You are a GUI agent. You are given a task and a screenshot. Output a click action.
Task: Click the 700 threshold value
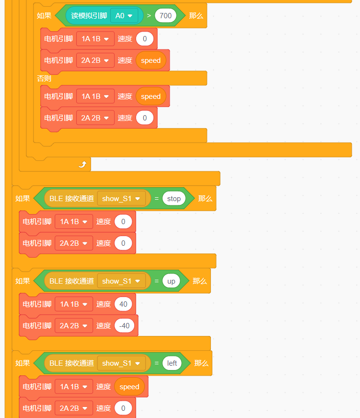tap(165, 16)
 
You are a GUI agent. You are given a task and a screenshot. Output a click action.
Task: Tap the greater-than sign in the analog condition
tap(149, 16)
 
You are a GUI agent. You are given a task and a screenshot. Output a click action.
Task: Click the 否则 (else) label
tap(44, 78)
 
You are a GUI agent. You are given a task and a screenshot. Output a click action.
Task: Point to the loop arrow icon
tap(82, 164)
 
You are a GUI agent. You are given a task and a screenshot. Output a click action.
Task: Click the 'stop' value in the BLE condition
tap(174, 199)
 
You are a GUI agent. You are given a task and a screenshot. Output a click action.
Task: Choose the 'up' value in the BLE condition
tap(171, 281)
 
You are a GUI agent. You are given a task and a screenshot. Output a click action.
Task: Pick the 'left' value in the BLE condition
tap(172, 363)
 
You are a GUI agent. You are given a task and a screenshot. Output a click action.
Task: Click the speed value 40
tap(123, 304)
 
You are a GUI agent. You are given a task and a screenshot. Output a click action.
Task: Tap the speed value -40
tap(124, 325)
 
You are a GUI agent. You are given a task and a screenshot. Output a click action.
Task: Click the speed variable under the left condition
tap(129, 387)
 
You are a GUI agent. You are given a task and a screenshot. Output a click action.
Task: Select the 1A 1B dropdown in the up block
tap(73, 304)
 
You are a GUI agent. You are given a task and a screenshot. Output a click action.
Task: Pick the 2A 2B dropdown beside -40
tap(73, 325)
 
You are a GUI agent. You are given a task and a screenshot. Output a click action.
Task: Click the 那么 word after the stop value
tap(205, 199)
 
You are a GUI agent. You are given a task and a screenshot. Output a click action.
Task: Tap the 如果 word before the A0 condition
tap(44, 16)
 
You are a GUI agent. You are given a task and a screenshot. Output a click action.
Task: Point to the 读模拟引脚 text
tap(89, 16)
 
